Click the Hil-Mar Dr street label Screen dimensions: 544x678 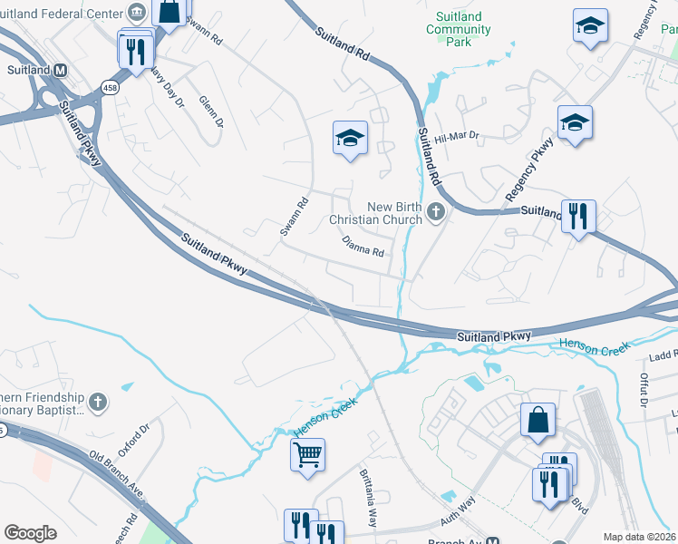(456, 137)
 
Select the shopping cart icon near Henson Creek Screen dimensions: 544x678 (308, 452)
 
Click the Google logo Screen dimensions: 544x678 (30, 533)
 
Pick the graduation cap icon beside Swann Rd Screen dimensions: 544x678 (350, 138)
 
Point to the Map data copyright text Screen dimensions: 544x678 (639, 537)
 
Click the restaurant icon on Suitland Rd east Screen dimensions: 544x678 (577, 216)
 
